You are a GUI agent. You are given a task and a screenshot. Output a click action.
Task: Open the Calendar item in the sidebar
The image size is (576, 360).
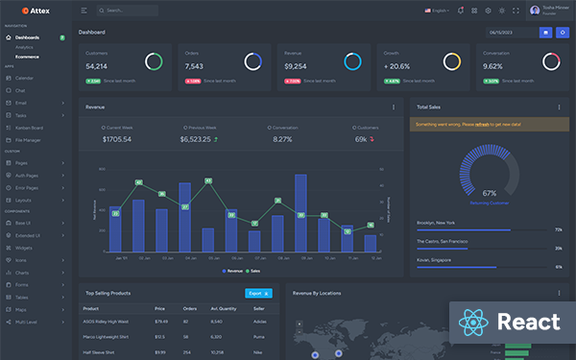pos(24,77)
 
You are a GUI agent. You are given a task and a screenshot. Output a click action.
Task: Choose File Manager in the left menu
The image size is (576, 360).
pos(29,140)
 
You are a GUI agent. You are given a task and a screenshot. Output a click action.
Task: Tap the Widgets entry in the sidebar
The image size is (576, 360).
pos(24,247)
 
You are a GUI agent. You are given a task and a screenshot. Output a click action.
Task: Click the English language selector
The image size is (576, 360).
pos(437,11)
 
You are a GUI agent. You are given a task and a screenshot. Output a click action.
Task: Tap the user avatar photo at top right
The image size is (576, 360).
pos(535,11)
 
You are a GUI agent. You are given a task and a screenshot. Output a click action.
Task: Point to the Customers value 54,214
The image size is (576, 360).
pos(96,66)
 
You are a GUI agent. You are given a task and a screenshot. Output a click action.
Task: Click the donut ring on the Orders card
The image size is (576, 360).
pos(252,61)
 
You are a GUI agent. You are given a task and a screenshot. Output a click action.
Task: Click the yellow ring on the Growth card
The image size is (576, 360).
pos(451,61)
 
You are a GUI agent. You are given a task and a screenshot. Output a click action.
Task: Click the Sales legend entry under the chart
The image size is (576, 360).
pos(252,272)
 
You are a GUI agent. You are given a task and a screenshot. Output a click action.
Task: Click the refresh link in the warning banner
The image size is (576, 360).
pos(491,124)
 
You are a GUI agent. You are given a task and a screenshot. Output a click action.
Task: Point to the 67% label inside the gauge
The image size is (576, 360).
pos(489,193)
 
